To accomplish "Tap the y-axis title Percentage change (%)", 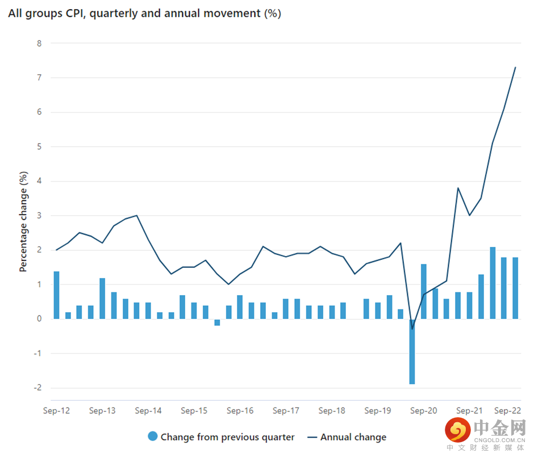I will (23, 221).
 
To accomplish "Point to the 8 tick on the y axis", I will (39, 43).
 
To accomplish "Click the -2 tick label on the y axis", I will (37, 388).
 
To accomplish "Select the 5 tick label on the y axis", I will (39, 146).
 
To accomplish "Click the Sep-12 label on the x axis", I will (57, 410).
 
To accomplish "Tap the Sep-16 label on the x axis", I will (240, 410).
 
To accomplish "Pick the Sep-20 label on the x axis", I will (423, 410).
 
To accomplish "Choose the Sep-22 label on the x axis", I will (507, 410).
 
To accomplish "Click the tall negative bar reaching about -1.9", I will (412, 352).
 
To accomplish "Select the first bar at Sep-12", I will (57, 295).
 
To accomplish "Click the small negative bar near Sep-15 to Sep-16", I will (217, 322).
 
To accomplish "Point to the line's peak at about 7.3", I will (515, 68).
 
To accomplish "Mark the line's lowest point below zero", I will (412, 329).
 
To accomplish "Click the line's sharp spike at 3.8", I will (458, 188).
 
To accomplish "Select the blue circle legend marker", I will (152, 436).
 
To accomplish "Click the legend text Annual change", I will (353, 437).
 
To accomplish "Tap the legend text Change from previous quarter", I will (227, 437).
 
